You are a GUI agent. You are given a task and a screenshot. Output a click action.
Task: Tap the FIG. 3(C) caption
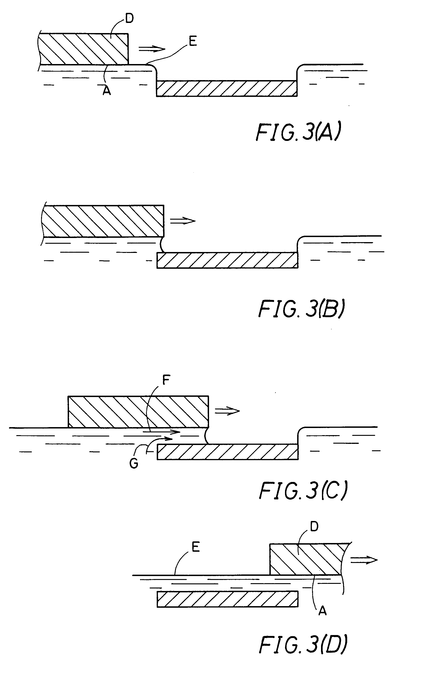pyautogui.click(x=303, y=491)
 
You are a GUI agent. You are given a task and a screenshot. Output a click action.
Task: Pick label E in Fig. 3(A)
pyautogui.click(x=193, y=42)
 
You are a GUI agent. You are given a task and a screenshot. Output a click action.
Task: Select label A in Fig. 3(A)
pyautogui.click(x=107, y=91)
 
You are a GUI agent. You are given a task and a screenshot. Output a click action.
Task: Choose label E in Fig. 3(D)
pyautogui.click(x=196, y=547)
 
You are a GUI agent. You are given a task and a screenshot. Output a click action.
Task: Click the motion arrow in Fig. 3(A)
pyautogui.click(x=152, y=49)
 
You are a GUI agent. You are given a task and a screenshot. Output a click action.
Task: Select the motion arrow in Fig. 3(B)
pyautogui.click(x=183, y=221)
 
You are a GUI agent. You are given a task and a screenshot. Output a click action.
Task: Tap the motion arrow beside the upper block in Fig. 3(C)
pyautogui.click(x=227, y=411)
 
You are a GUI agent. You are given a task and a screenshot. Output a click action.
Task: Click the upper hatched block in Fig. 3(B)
pyautogui.click(x=103, y=221)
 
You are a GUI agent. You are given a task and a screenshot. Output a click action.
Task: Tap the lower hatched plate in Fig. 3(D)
pyautogui.click(x=227, y=599)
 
